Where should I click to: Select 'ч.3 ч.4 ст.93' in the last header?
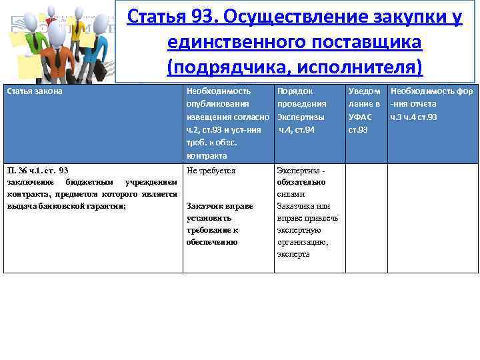click(414, 117)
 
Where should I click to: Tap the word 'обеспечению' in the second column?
click(212, 242)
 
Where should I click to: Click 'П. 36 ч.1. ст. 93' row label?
click(37, 171)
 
